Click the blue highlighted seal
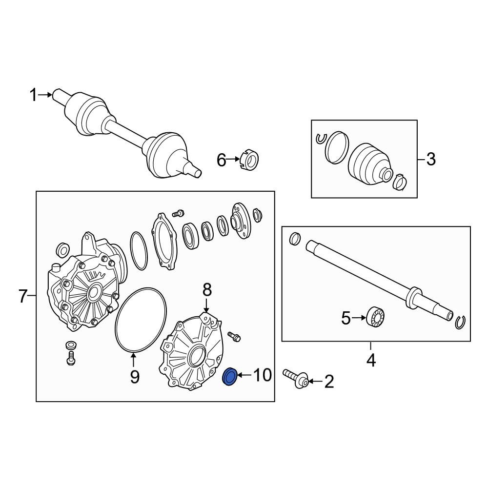click(230, 377)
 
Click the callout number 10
click(263, 375)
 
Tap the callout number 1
click(33, 95)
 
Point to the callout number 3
click(431, 160)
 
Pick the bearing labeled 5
click(376, 317)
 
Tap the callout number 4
click(371, 361)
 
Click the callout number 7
click(23, 296)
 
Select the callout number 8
click(207, 290)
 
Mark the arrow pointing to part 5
click(359, 318)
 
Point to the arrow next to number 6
click(233, 159)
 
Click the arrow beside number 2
click(315, 381)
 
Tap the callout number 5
click(346, 318)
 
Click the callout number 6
click(221, 160)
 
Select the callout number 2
click(329, 382)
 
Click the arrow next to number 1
click(45, 95)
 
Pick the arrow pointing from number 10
click(245, 375)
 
